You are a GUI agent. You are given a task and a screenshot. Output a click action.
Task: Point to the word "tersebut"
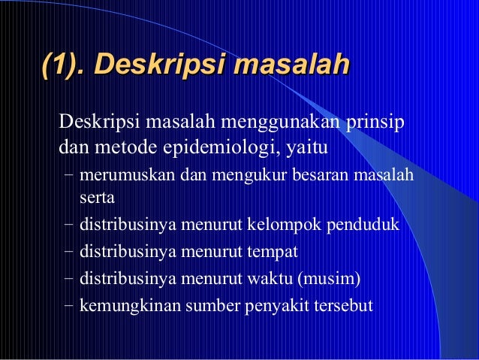click(x=345, y=306)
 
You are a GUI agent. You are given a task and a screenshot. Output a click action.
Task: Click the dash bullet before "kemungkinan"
click(x=68, y=306)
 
